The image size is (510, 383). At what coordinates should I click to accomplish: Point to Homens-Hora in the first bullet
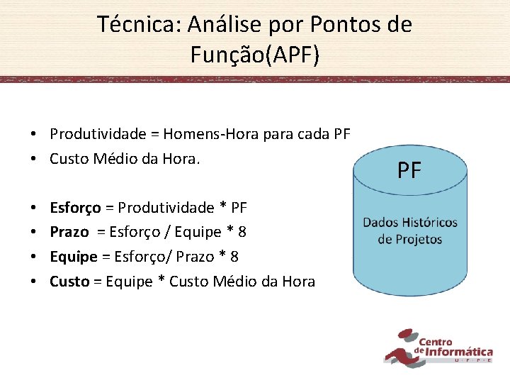(x=203, y=134)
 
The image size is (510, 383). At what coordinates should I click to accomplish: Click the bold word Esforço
(x=75, y=208)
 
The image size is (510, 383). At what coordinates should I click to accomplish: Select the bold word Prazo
(x=69, y=232)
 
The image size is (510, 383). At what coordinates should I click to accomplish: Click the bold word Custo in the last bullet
(x=69, y=282)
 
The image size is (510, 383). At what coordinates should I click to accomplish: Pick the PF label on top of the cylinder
(x=409, y=171)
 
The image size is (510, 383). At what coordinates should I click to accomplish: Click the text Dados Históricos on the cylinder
(x=410, y=223)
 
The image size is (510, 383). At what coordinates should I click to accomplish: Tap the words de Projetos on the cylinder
(x=410, y=239)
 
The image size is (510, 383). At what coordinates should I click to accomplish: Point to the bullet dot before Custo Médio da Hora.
(x=34, y=160)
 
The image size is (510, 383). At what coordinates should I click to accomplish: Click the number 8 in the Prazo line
(x=242, y=232)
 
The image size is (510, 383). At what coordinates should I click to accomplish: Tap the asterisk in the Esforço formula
(x=223, y=209)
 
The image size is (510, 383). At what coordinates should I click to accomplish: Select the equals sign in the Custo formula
(x=98, y=282)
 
